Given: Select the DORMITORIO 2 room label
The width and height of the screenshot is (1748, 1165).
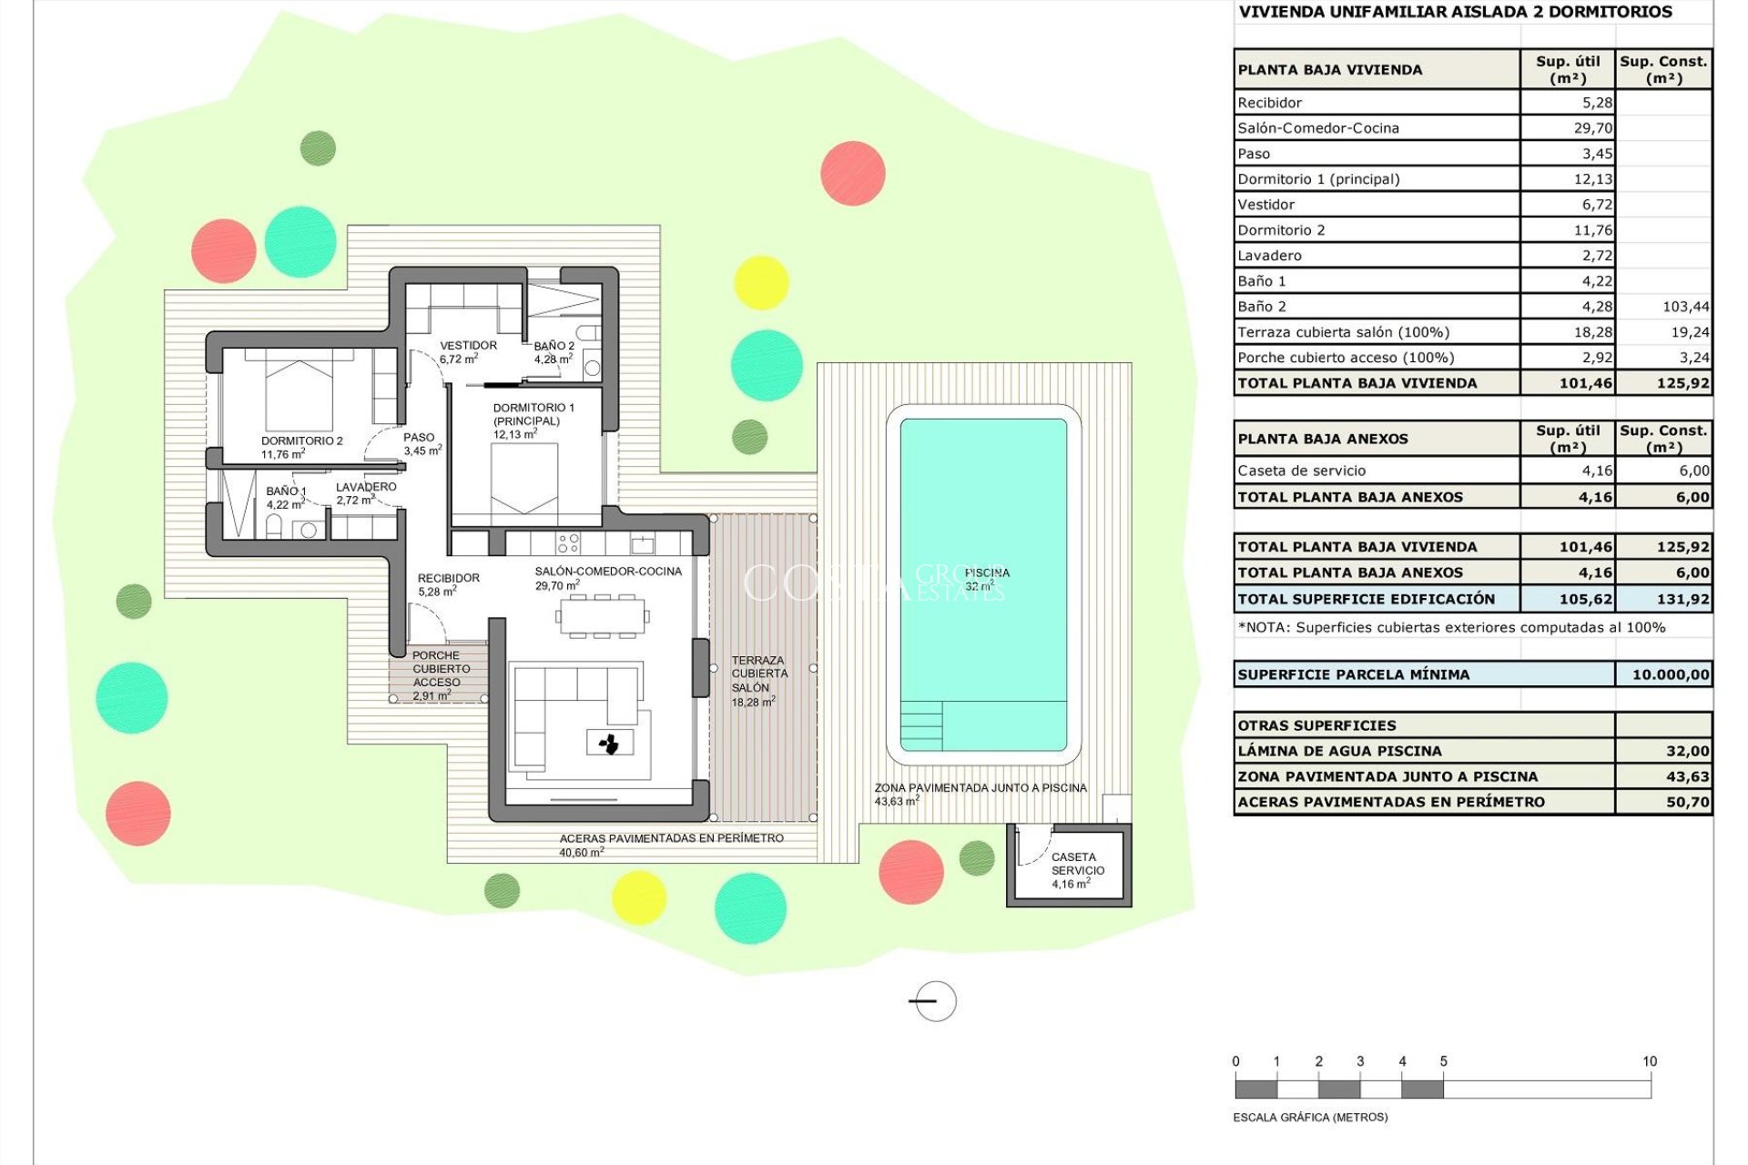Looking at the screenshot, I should [301, 441].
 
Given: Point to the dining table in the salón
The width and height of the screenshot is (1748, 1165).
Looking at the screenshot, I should [602, 616].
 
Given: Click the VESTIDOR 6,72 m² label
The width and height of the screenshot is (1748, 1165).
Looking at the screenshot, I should [468, 351].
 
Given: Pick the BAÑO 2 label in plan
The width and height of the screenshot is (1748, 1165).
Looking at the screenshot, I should [554, 352].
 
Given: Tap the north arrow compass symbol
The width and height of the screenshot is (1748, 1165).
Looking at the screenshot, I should [934, 1001].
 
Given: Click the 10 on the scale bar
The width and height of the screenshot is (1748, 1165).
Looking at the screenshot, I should [1649, 1061].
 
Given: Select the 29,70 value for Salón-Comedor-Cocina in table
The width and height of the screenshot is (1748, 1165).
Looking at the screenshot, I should [1592, 128].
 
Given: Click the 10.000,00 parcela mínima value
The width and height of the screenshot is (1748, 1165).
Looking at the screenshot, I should [1670, 674].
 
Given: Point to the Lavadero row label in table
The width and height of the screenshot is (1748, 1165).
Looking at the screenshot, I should [1269, 256].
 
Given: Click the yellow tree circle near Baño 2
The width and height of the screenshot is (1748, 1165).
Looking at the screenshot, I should [760, 282].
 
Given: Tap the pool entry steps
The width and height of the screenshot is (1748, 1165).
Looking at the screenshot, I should [920, 725].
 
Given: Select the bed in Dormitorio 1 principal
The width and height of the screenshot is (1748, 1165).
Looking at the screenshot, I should [524, 480].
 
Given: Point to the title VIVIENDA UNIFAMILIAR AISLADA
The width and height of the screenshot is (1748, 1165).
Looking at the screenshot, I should [1455, 12].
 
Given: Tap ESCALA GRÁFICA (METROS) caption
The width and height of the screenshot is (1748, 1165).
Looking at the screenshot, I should [1310, 1117].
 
